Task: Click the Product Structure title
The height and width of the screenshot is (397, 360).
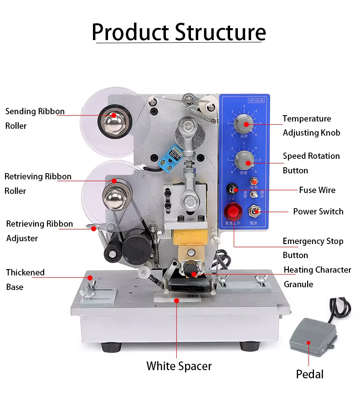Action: pos(179,32)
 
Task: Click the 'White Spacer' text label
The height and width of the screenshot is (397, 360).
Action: pos(179,366)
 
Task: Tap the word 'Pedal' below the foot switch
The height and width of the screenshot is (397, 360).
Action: pos(309,374)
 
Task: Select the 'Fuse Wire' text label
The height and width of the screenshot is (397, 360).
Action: pos(317,190)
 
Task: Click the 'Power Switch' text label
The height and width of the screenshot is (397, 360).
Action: pos(318,211)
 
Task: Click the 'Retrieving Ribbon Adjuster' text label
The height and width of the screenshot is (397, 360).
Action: pos(39,231)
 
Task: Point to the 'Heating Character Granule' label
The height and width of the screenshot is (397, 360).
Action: pos(317,277)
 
